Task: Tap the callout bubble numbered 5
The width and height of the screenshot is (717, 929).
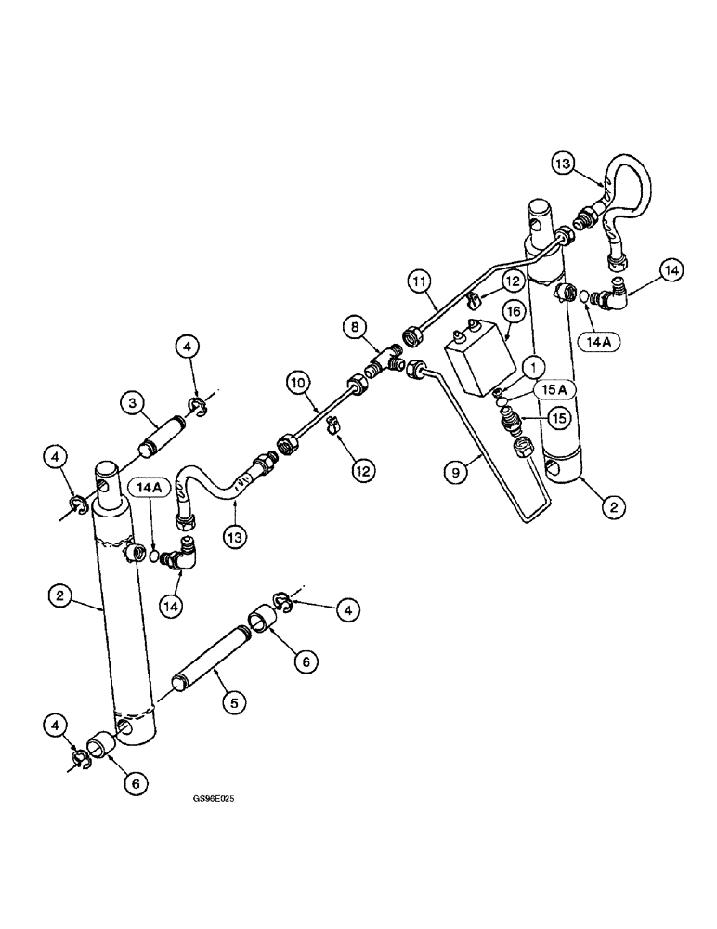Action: coord(233,703)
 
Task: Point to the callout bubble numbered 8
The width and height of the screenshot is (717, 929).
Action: coord(355,326)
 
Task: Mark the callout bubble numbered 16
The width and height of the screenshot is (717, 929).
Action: coord(510,310)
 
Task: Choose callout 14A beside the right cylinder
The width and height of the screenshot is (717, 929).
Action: coord(605,342)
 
